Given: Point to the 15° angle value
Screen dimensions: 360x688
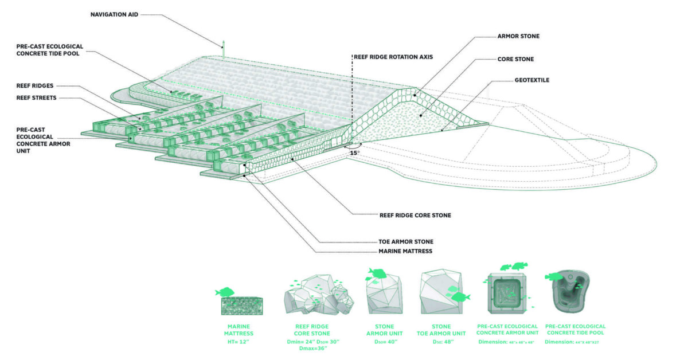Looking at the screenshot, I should point(355,152).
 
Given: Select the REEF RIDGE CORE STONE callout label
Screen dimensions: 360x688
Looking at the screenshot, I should point(416,216).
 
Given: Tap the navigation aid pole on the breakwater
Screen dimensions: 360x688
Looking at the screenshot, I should point(224,48).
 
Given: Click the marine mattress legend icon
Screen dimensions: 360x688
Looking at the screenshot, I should point(241,304).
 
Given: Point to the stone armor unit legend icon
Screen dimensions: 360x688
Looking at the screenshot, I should point(384,292).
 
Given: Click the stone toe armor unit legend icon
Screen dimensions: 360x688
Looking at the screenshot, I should point(441,292).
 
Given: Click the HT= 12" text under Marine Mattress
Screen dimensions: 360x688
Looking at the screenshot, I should point(241,342).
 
